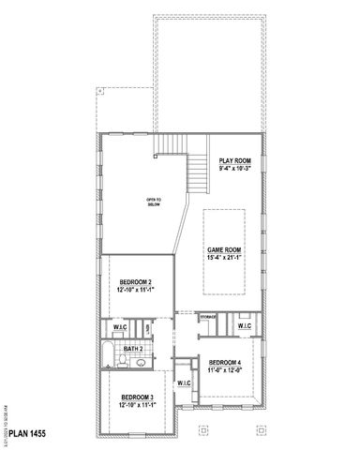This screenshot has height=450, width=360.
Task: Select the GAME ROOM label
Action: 225,250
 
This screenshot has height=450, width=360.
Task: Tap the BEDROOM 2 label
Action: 137,282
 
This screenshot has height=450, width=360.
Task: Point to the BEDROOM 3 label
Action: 137,398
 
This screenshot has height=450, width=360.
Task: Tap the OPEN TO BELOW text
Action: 153,202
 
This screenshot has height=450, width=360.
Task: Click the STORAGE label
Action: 207,318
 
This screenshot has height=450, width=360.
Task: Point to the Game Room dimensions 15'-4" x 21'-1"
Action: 225,258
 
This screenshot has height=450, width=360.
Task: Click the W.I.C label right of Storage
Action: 243,325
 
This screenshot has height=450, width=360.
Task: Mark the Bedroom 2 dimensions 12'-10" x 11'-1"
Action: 137,290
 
